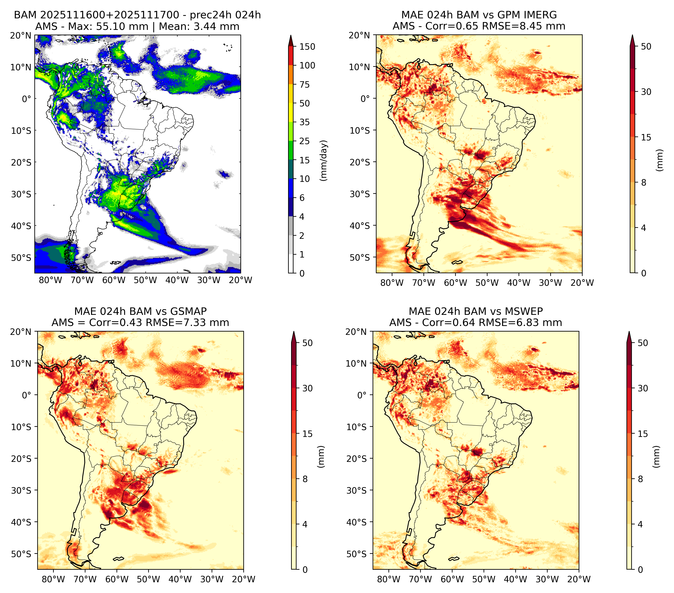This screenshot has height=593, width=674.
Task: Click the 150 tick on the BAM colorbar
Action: (x=307, y=47)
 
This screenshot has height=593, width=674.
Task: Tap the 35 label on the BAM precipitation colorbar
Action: (x=304, y=122)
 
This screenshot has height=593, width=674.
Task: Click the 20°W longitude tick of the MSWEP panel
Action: (x=579, y=579)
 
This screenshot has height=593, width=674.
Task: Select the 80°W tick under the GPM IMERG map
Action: (x=392, y=283)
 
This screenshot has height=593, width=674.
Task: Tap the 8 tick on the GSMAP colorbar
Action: (x=305, y=479)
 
